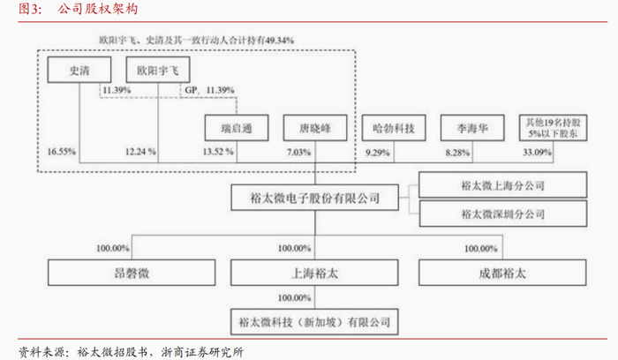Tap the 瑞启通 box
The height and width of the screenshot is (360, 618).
(237, 129)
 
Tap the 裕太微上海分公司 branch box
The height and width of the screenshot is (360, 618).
(503, 186)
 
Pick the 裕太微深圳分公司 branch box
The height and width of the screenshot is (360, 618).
(503, 214)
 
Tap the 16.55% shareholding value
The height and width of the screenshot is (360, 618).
(62, 153)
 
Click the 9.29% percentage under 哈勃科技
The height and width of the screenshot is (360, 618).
(378, 153)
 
